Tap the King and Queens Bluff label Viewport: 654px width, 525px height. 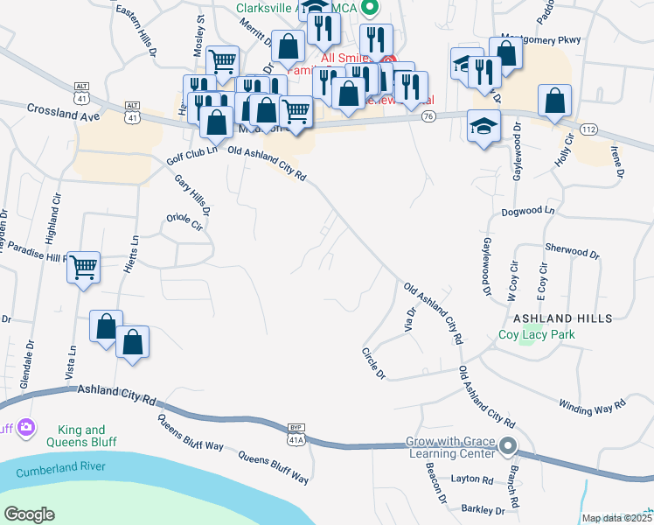coord(81,436)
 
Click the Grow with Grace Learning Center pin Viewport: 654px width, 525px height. coord(509,448)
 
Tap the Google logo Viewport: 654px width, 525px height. coord(29,514)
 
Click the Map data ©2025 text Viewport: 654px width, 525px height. coord(616,518)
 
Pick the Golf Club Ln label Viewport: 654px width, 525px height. coord(191,156)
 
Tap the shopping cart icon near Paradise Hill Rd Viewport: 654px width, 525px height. coord(84,266)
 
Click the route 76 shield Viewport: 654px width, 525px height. coord(428,116)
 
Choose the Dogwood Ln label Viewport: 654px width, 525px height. coord(528,212)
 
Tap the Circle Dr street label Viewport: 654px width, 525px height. coord(373,362)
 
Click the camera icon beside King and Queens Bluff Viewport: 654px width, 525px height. coord(26,427)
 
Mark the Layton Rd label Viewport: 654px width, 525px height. coord(472,479)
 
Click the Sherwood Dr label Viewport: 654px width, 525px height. coord(572,252)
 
